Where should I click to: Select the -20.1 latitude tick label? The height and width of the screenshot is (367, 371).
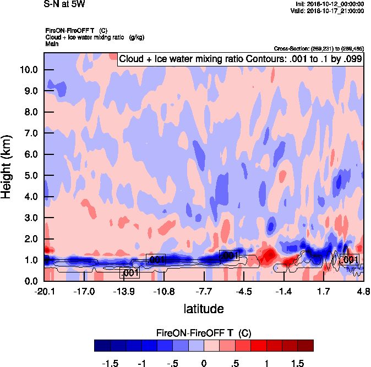tap(44, 291)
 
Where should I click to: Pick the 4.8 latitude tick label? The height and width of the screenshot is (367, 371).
tap(362, 291)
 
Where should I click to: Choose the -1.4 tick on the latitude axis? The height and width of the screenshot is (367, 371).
tap(283, 291)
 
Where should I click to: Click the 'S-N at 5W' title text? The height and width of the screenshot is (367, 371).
tap(64, 4)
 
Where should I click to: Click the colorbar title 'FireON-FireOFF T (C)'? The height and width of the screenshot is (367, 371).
tap(204, 333)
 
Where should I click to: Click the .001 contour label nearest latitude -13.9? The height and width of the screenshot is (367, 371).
tap(129, 273)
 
